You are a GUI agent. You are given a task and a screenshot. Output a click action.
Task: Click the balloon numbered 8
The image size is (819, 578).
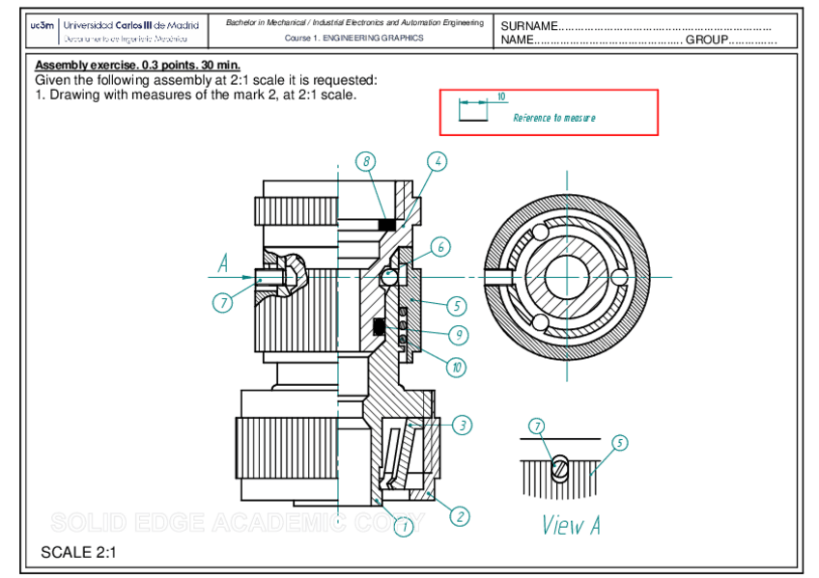point(365,161)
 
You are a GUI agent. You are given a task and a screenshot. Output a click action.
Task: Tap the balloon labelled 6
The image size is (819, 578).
point(440,247)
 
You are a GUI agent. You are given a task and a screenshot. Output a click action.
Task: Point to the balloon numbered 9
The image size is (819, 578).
point(458,335)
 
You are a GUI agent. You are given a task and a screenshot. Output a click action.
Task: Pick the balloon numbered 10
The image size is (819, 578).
point(455,367)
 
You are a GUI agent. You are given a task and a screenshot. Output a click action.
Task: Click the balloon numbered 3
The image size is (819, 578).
point(462,425)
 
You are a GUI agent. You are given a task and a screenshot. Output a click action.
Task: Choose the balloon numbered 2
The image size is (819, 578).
point(460,516)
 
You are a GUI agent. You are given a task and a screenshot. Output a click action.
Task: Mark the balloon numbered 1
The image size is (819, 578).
point(404,526)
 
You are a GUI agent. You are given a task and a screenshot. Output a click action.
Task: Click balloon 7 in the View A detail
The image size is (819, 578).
point(537,426)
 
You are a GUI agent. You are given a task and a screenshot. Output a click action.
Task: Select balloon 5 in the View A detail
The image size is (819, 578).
point(619,443)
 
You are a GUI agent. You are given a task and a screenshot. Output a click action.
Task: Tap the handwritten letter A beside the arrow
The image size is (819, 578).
point(223,262)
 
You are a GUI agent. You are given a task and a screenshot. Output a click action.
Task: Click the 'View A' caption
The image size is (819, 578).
point(571,525)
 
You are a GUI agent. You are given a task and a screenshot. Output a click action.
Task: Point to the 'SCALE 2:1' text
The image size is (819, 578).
point(78,553)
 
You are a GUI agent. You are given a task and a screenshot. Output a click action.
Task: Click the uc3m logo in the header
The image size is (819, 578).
point(42,25)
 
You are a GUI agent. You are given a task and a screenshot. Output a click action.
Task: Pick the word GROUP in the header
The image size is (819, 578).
point(706,41)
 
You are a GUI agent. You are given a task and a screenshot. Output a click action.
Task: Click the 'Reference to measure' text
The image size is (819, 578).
point(554,118)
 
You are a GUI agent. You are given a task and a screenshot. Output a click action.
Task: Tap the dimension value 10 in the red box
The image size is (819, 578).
point(501,96)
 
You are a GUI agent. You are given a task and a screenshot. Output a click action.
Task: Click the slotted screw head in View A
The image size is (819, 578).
point(559,468)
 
